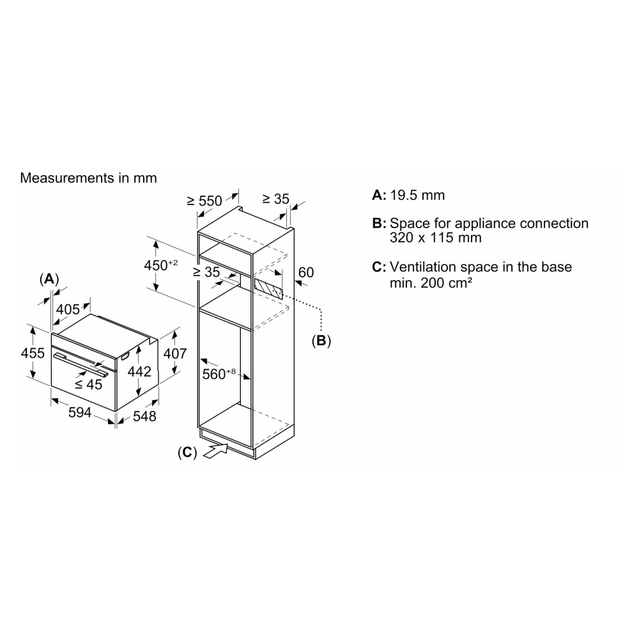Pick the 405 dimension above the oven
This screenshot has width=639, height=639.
pyautogui.click(x=68, y=310)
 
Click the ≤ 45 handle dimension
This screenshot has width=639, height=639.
pyautogui.click(x=88, y=384)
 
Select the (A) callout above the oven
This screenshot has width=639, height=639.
pyautogui.click(x=49, y=279)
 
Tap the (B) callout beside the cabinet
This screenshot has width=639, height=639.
pyautogui.click(x=321, y=341)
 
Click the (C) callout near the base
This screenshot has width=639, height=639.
pyautogui.click(x=187, y=452)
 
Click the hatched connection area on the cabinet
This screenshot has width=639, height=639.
pyautogui.click(x=268, y=288)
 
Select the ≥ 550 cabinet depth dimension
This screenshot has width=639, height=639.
pyautogui.click(x=204, y=201)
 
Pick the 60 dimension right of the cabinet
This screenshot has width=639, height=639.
pyautogui.click(x=306, y=272)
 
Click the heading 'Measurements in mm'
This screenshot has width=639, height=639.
pyautogui.click(x=88, y=178)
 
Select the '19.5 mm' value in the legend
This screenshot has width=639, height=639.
pyautogui.click(x=417, y=196)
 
